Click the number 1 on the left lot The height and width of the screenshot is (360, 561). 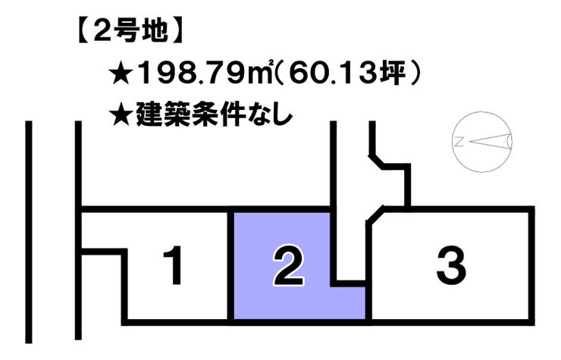point(175,267)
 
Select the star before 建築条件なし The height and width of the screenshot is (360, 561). point(121,117)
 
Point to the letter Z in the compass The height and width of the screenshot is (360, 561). point(459,141)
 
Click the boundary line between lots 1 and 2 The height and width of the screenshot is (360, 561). point(230,265)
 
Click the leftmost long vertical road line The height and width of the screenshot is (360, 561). point(30,227)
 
